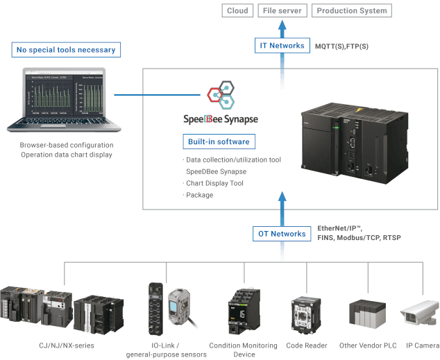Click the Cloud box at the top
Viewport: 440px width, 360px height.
click(237, 11)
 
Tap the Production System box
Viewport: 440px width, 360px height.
click(351, 11)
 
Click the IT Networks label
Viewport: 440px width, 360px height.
click(281, 46)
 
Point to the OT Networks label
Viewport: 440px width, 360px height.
click(282, 234)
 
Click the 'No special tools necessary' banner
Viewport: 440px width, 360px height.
click(65, 49)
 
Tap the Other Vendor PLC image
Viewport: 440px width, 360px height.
click(365, 316)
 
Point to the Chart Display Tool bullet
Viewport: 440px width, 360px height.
click(214, 183)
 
